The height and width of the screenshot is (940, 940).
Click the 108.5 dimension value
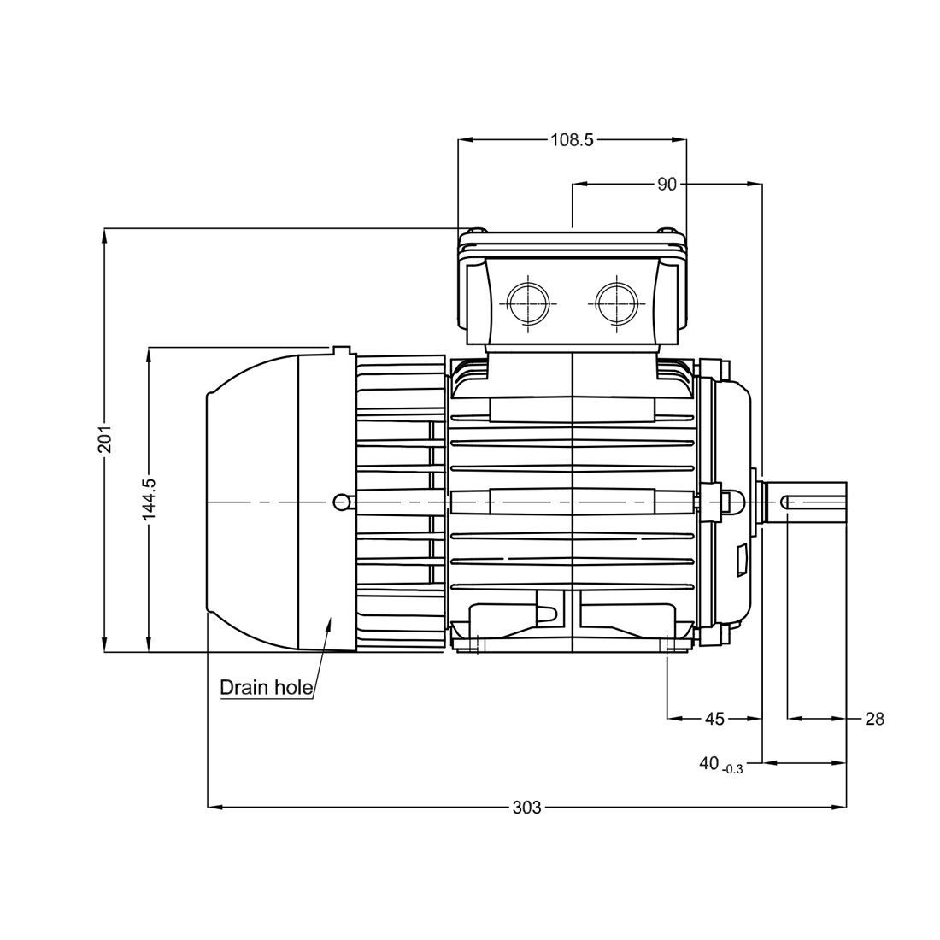point(572,140)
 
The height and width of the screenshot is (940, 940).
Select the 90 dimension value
point(667,184)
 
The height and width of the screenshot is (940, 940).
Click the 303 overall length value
point(526,806)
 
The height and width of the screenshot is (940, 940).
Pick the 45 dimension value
point(714,719)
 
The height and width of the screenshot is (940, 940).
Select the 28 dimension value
point(874,719)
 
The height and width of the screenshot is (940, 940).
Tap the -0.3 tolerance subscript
point(732,769)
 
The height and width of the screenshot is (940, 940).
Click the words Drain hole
point(266,687)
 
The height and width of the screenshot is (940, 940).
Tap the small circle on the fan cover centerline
point(340,502)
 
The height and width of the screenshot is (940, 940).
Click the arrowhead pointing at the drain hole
point(327,623)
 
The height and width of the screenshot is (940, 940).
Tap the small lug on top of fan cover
point(342,350)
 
